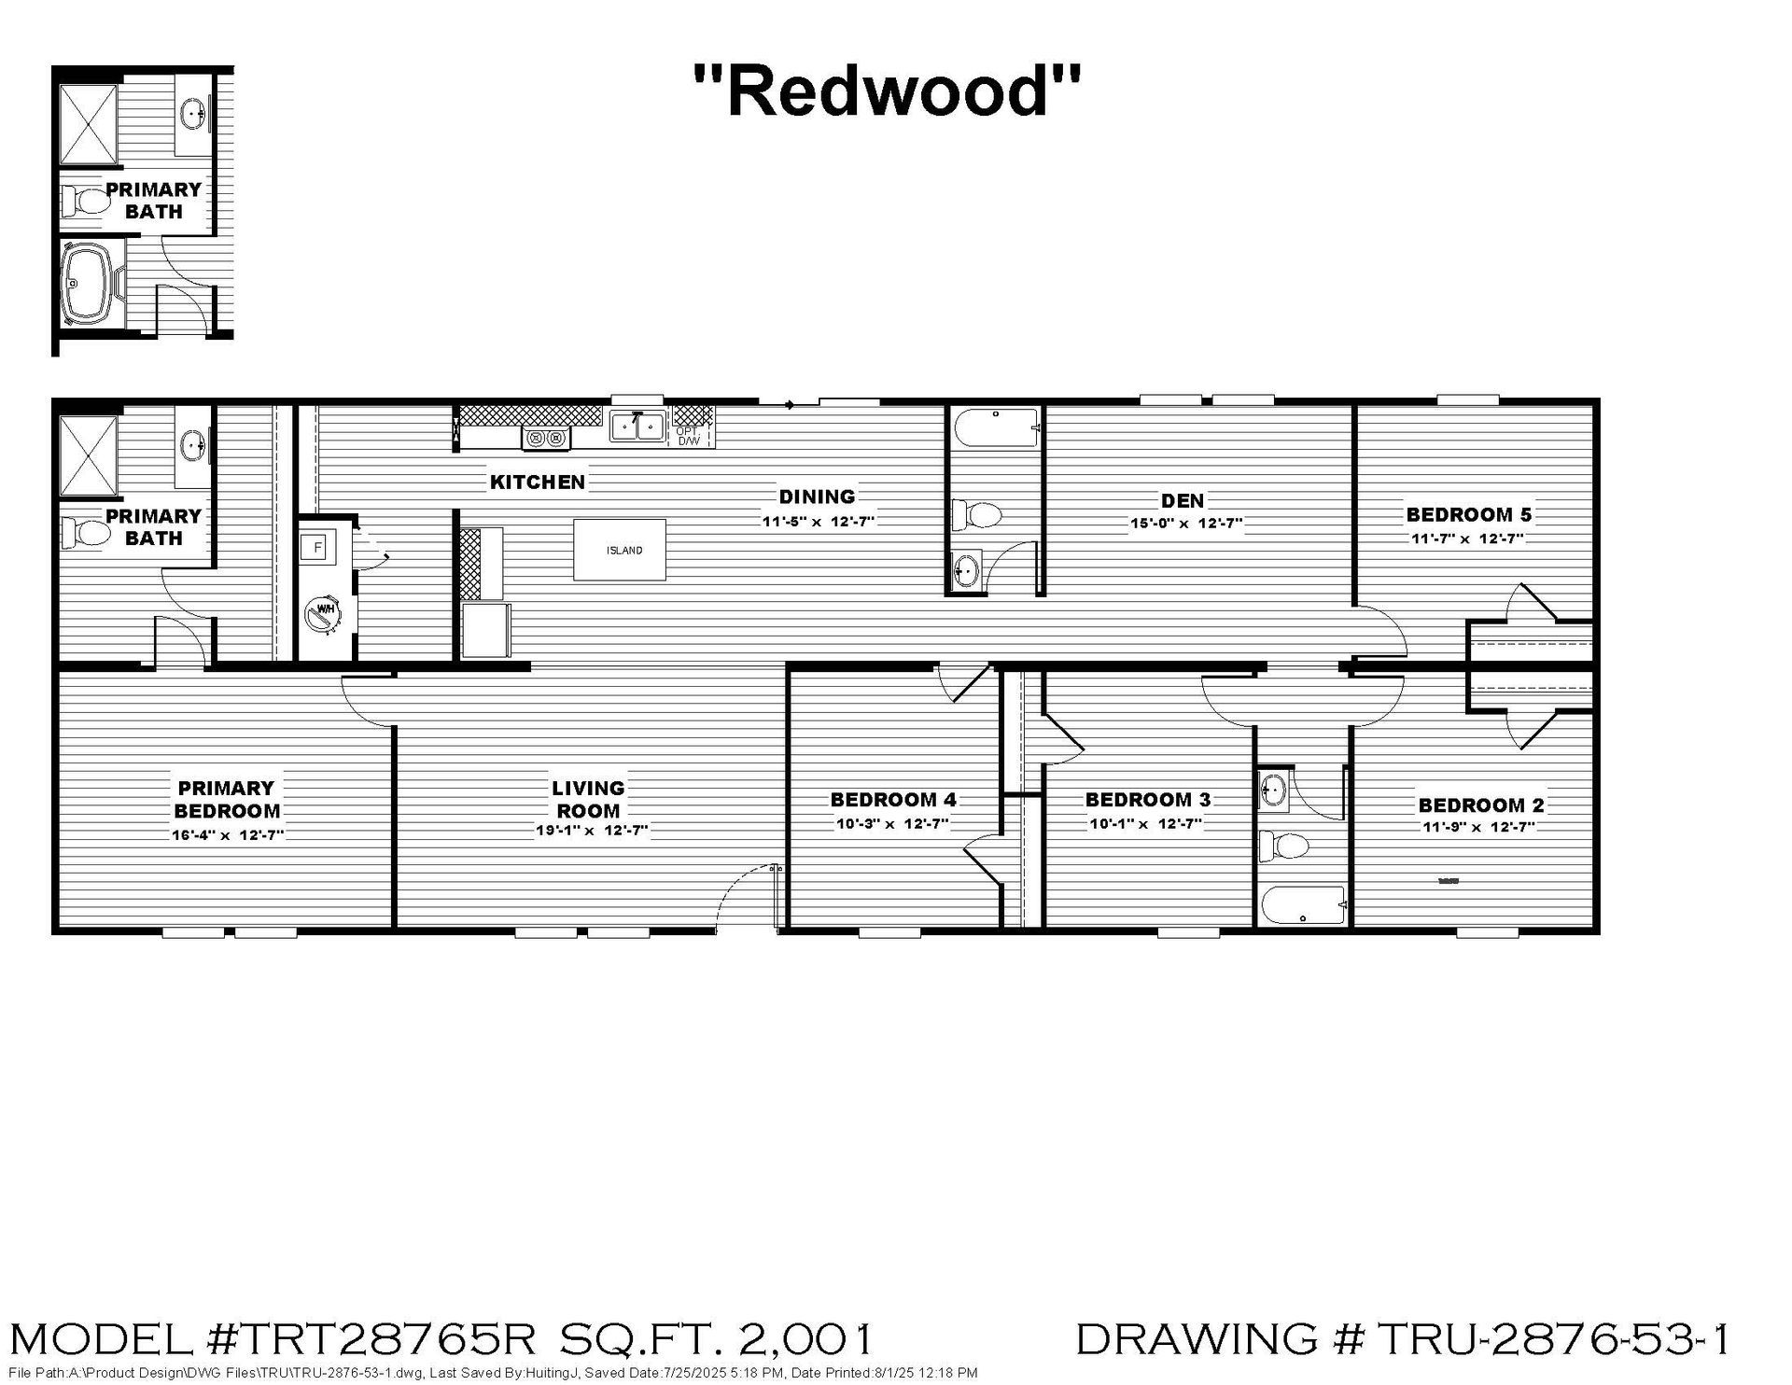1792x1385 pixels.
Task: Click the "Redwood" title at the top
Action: coord(888,91)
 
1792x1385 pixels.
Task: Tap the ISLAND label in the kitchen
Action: coord(624,551)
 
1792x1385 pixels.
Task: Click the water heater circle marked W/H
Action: coord(325,613)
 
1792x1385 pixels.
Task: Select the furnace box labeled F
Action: coord(317,548)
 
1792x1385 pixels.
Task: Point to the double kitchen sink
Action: coord(637,427)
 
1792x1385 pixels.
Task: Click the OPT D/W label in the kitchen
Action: coord(688,436)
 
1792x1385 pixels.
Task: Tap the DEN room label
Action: coord(1183,501)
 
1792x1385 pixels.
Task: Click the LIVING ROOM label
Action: coord(588,800)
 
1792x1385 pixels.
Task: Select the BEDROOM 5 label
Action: coord(1469,514)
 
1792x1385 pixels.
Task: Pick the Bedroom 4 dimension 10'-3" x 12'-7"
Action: coord(892,824)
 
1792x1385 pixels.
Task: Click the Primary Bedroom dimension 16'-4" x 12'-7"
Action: coord(228,835)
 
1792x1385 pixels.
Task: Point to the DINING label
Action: coord(818,497)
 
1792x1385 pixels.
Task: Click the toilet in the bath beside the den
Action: coord(975,514)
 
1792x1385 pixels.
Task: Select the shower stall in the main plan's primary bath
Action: coord(90,455)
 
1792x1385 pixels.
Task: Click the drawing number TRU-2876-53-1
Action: coord(1553,1338)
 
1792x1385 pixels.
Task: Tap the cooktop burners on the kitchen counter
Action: coord(546,438)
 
